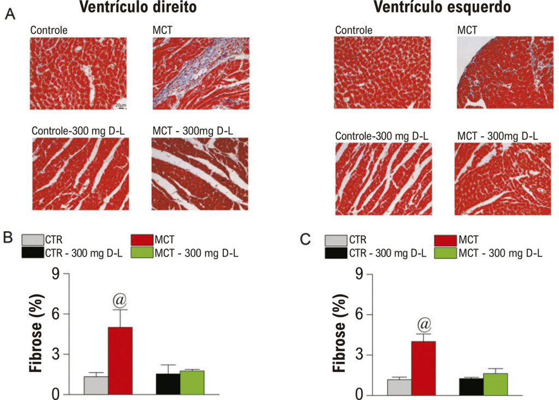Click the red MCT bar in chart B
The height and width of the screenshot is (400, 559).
tap(120, 360)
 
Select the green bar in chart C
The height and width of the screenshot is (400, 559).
tap(496, 384)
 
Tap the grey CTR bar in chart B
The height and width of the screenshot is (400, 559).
tap(96, 385)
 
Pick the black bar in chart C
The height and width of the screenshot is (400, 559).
tap(471, 386)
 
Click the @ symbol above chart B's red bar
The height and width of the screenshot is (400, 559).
tap(120, 301)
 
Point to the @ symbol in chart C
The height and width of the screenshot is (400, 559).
tap(424, 325)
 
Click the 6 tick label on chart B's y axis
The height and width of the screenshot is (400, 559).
tap(56, 314)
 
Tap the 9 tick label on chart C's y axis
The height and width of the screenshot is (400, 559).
tap(359, 274)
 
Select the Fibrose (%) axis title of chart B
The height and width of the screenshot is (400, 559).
tap(37, 333)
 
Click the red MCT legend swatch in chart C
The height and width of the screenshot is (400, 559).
tap(445, 240)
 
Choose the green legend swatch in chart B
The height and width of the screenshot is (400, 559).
tap(142, 253)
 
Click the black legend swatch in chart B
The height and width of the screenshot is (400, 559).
tap(33, 253)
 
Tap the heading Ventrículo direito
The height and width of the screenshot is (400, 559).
tap(138, 7)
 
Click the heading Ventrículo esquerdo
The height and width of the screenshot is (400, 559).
tap(442, 7)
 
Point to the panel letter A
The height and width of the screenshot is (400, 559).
tap(10, 14)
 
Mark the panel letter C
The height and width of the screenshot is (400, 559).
tap(305, 239)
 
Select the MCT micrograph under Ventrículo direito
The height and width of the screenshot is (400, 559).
tap(201, 74)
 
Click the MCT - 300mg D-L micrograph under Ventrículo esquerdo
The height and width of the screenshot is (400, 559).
tap(503, 179)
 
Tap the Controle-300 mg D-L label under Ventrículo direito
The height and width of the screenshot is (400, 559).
tap(78, 131)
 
